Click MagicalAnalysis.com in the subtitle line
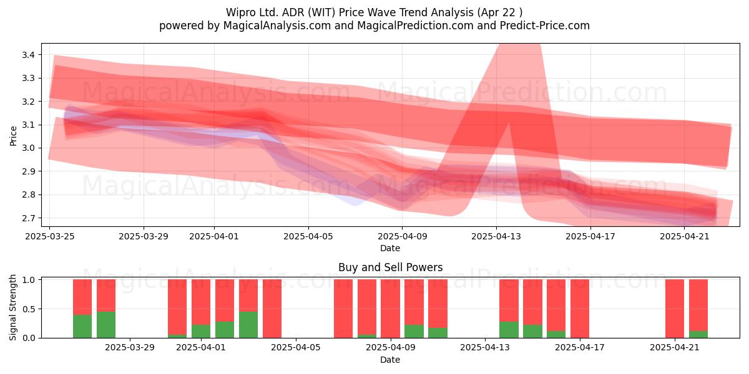pyautogui.click(x=277, y=26)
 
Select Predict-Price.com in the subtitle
pyautogui.click(x=545, y=26)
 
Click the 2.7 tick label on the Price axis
pyautogui.click(x=29, y=218)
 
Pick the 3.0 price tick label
pyautogui.click(x=29, y=148)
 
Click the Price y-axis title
pyautogui.click(x=13, y=137)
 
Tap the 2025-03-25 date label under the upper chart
pyautogui.click(x=50, y=236)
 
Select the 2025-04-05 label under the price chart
pyautogui.click(x=308, y=236)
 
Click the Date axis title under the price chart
pyautogui.click(x=390, y=248)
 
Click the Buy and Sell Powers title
pyautogui.click(x=390, y=267)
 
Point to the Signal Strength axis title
pyautogui.click(x=12, y=307)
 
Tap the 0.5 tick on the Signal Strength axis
pyautogui.click(x=29, y=309)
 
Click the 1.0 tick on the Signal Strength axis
pyautogui.click(x=29, y=280)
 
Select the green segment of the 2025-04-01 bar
pyautogui.click(x=201, y=331)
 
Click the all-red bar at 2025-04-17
pyautogui.click(x=580, y=309)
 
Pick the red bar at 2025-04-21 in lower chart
pyautogui.click(x=675, y=309)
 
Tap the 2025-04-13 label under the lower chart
pyautogui.click(x=485, y=348)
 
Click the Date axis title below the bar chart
pyautogui.click(x=390, y=360)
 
